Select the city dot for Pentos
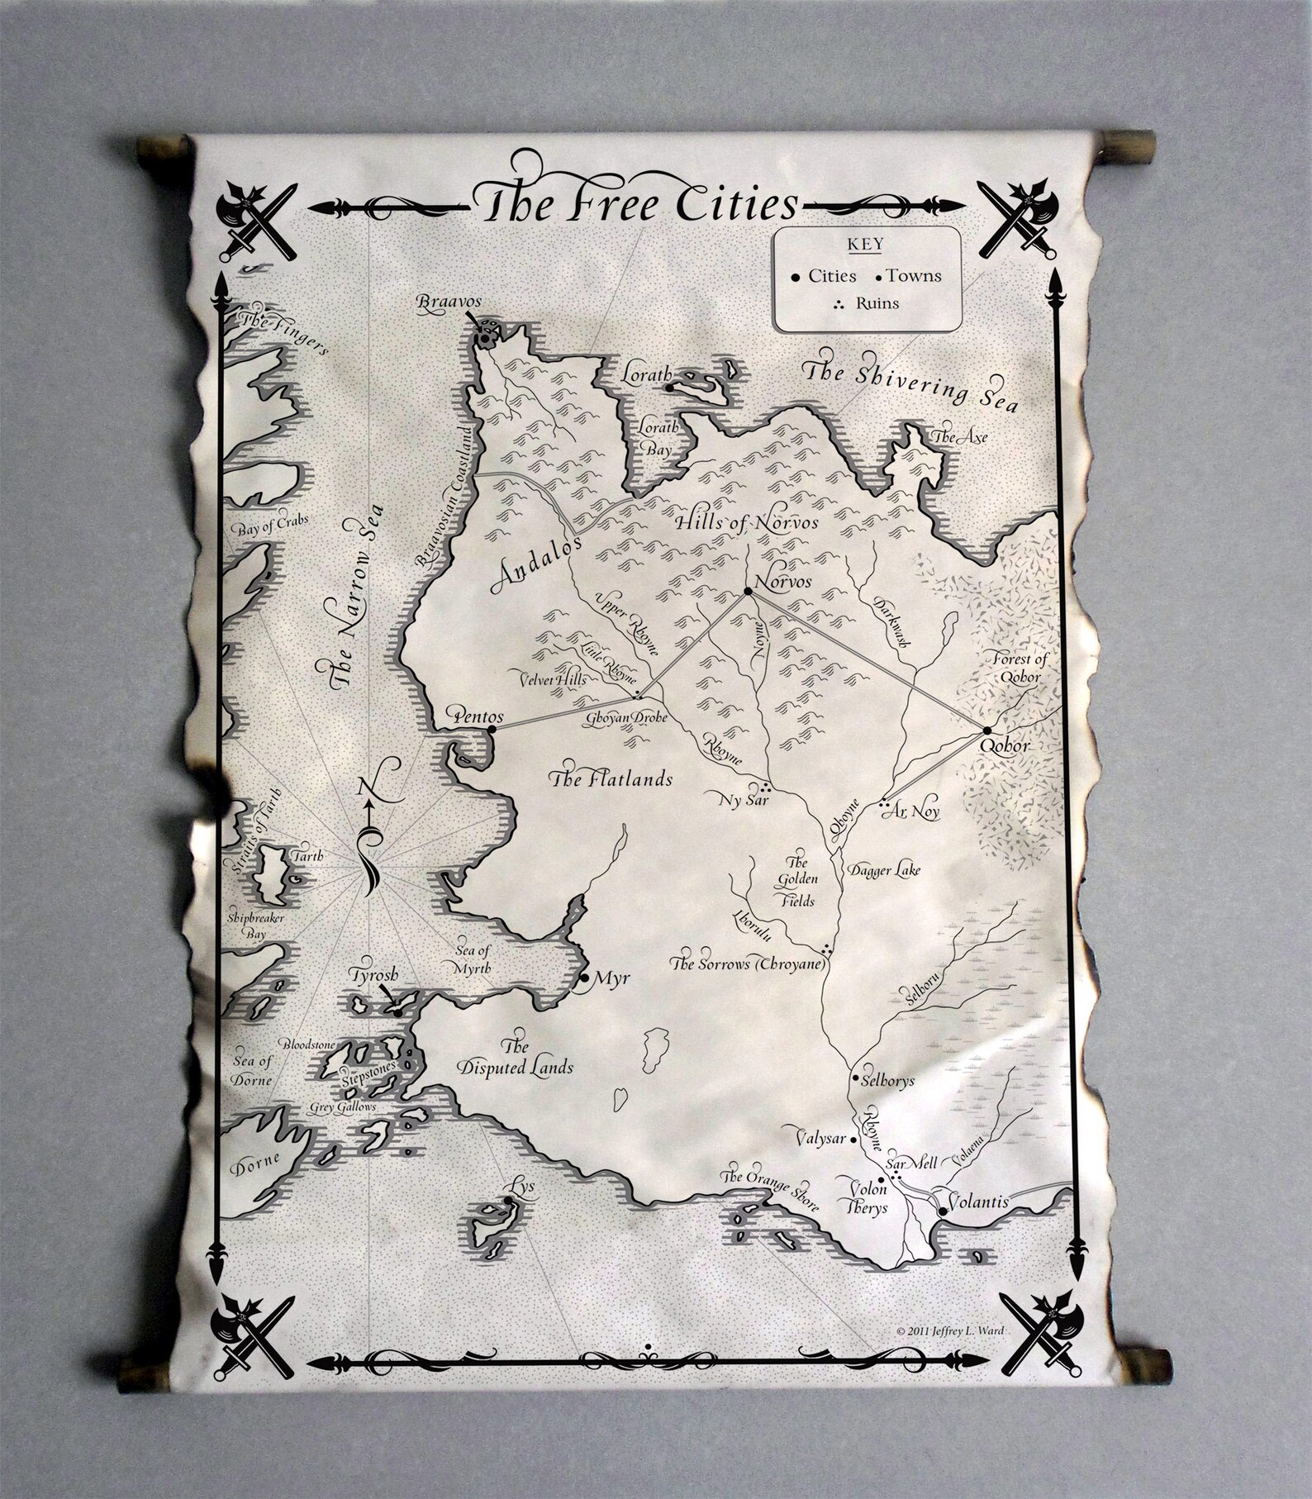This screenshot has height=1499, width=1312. (x=492, y=730)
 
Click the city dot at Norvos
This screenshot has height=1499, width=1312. (x=748, y=592)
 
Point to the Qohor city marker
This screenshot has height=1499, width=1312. (x=986, y=730)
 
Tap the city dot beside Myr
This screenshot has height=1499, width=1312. (x=585, y=978)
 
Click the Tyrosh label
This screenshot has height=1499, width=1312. (x=374, y=973)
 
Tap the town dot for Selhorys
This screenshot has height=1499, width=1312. (x=855, y=1078)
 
